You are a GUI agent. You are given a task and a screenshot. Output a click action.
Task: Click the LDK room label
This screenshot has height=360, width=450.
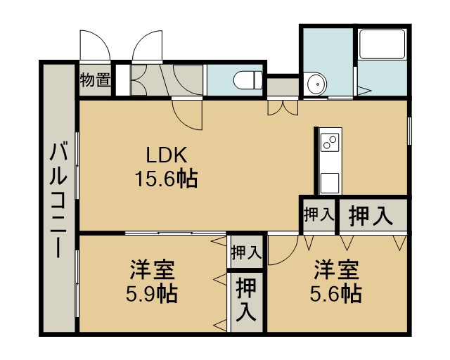click(167, 155)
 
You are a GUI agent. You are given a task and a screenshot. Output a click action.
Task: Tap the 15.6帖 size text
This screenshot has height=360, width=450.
click(167, 179)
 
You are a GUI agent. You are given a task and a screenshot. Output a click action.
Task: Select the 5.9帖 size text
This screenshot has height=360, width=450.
click(152, 293)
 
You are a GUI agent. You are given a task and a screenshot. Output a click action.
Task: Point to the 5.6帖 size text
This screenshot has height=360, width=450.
click(336, 293)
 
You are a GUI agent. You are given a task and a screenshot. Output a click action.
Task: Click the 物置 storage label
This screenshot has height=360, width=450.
click(96, 80)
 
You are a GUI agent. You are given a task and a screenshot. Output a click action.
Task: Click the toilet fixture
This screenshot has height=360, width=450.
click(247, 80)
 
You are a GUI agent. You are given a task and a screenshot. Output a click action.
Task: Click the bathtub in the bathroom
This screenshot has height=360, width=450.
click(382, 44)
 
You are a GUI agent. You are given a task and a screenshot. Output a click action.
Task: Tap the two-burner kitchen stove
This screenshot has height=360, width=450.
click(330, 142)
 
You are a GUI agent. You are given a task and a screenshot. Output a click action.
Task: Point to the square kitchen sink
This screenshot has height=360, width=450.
click(330, 183)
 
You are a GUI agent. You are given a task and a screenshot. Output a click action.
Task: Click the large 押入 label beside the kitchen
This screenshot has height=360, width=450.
click(371, 216)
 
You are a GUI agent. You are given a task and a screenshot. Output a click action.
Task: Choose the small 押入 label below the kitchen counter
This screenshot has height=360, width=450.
click(319, 214)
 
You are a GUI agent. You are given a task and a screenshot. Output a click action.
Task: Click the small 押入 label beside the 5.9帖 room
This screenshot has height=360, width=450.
click(246, 252)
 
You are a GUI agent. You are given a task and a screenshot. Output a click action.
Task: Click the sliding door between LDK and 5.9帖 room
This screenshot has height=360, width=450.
click(176, 233)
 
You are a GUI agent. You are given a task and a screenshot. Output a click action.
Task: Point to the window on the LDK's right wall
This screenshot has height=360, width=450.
click(409, 131)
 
